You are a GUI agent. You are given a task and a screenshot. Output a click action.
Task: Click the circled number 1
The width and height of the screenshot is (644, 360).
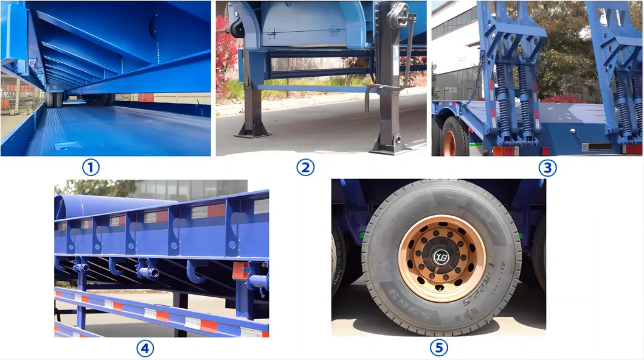(x=90, y=167)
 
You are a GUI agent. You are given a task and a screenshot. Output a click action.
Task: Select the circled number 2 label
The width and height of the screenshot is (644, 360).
(x=305, y=167)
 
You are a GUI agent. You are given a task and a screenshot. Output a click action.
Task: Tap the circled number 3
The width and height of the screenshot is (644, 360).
(x=547, y=167)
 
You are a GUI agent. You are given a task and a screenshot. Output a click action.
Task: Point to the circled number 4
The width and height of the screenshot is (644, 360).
(x=145, y=348)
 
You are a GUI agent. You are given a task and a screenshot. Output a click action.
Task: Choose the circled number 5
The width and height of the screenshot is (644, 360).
(x=438, y=348)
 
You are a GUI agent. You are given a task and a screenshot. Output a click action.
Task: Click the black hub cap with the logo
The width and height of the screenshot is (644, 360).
(x=442, y=256)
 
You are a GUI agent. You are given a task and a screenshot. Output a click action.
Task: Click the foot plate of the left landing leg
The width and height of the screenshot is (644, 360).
(x=253, y=130)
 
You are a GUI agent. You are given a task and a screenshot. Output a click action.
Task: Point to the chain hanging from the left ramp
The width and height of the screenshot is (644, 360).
(x=474, y=85)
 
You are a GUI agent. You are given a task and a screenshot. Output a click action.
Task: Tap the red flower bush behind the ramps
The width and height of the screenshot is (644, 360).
(x=563, y=99)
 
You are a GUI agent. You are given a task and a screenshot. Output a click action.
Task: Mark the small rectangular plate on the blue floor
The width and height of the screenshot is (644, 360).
(x=67, y=146)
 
